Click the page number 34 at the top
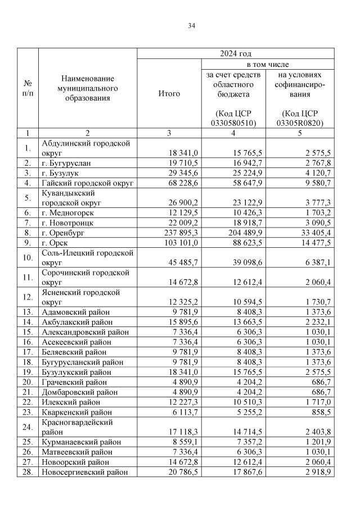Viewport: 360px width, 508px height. [192, 25]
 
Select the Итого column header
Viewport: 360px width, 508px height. [169, 93]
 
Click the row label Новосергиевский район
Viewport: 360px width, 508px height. [89, 472]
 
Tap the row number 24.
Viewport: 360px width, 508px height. [28, 427]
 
